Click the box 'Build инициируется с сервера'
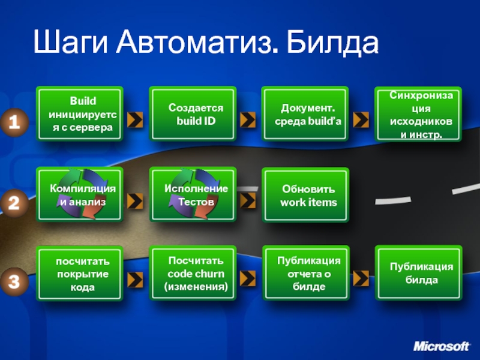(x=79, y=114)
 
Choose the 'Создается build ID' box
(x=193, y=114)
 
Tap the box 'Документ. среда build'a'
(x=305, y=114)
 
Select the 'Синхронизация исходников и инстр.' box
(x=418, y=114)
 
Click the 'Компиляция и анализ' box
(x=79, y=195)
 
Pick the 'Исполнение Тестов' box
(x=193, y=195)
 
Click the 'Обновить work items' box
(x=305, y=195)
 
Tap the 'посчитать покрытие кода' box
(x=79, y=274)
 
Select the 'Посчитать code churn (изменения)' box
(x=193, y=274)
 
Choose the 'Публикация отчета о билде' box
(x=305, y=274)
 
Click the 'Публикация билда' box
(x=418, y=274)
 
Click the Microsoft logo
(x=442, y=347)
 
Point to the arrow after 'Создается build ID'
(x=248, y=120)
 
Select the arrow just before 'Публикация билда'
(x=361, y=278)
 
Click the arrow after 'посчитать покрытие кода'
(x=136, y=278)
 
